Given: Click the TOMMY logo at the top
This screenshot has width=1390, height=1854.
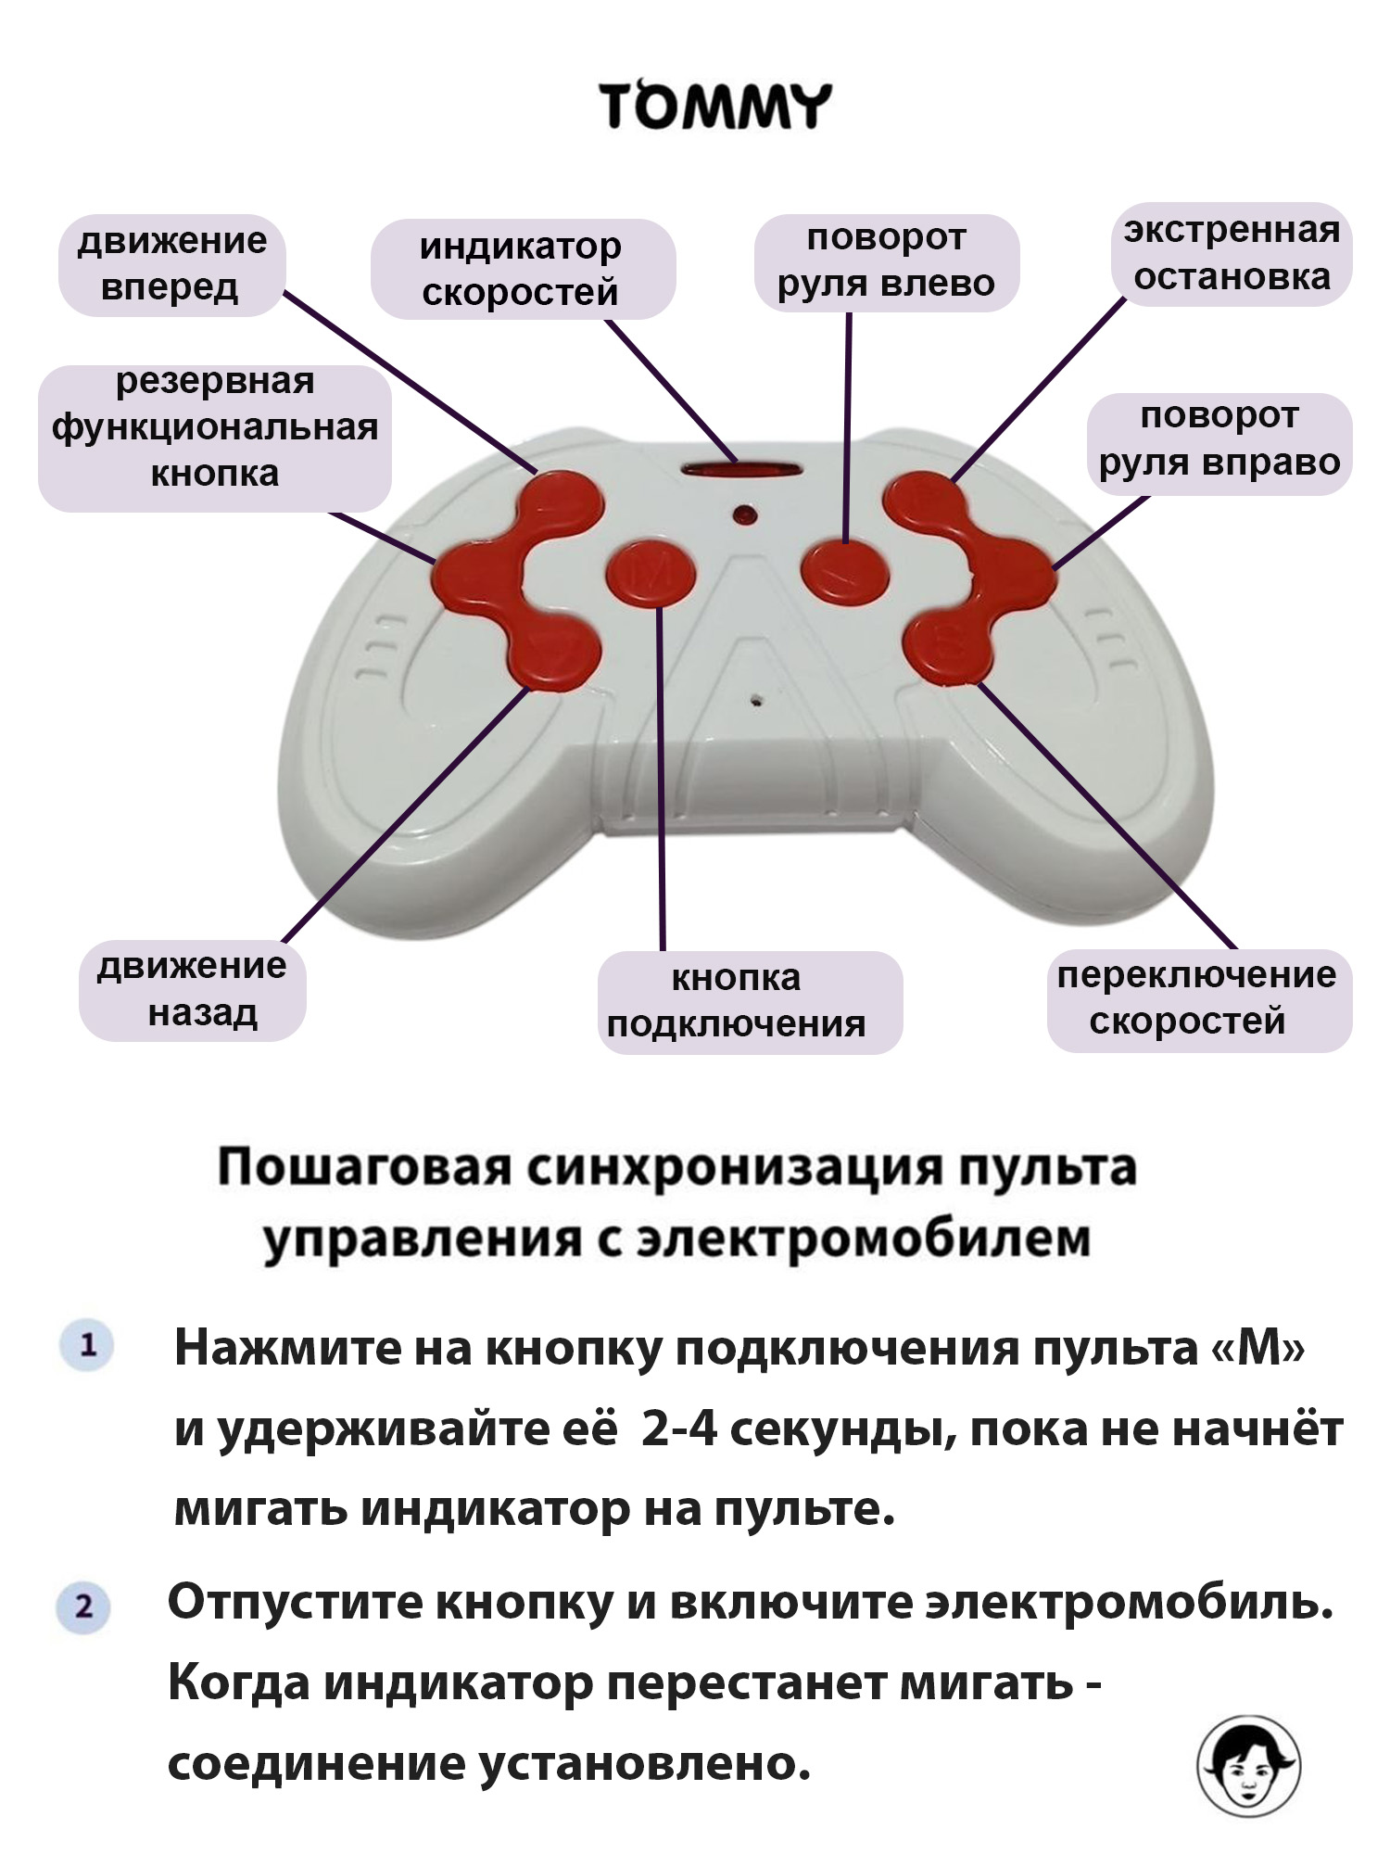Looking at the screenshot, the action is click(x=714, y=106).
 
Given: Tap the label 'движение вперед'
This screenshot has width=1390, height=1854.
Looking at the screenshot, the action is click(x=171, y=264).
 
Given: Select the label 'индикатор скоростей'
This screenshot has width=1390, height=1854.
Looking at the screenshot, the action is click(x=522, y=269).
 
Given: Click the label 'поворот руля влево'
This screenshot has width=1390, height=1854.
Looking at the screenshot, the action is click(x=887, y=262).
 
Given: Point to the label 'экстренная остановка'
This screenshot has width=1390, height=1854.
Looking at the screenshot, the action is click(x=1232, y=254).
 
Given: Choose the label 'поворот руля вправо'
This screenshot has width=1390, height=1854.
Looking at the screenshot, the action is click(x=1219, y=441).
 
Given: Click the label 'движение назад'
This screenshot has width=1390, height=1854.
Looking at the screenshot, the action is click(x=192, y=990).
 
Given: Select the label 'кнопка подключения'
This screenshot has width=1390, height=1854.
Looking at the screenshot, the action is click(x=750, y=1002).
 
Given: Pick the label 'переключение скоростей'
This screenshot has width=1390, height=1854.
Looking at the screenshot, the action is click(x=1199, y=999).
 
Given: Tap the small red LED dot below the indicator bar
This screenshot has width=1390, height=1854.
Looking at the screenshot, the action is click(x=743, y=514).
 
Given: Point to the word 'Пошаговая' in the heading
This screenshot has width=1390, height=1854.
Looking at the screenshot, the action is click(x=364, y=1168).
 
